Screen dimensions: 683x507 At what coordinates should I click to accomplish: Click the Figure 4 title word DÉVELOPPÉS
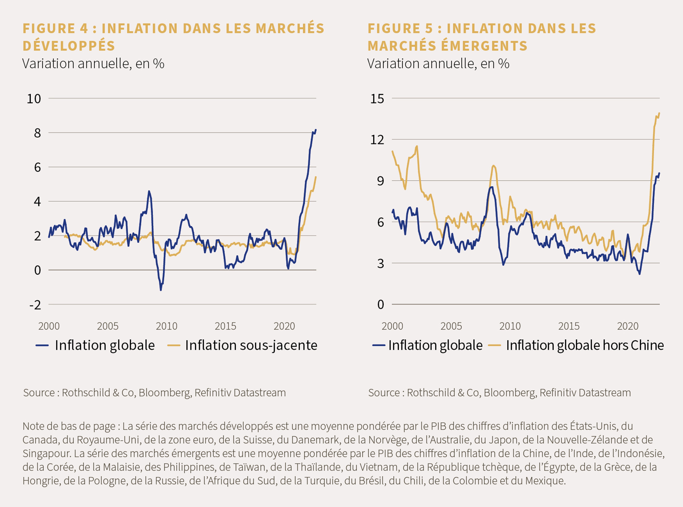pyautogui.click(x=69, y=46)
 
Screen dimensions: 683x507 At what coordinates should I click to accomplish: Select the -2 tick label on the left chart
pyautogui.click(x=35, y=305)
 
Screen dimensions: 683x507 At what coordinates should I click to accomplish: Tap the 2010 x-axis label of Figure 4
pyautogui.click(x=166, y=326)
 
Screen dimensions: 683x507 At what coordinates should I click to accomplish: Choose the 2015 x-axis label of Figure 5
pyautogui.click(x=569, y=326)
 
